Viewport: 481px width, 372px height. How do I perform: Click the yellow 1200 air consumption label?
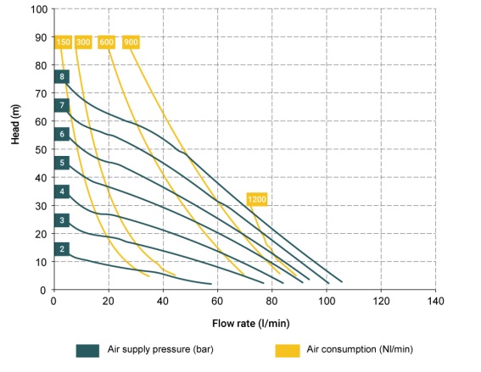tap(257, 199)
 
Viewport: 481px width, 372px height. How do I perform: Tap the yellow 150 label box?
tap(63, 42)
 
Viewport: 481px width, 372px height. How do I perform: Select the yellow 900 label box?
tap(131, 42)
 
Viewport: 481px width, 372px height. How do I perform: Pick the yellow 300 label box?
tap(83, 42)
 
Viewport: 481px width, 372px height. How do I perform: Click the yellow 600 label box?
tap(106, 42)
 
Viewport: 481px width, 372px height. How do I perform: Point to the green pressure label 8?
tap(62, 76)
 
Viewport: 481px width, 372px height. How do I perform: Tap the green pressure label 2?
tap(62, 249)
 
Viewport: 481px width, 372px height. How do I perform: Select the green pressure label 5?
tap(62, 163)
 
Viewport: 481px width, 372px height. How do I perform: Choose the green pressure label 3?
tap(62, 220)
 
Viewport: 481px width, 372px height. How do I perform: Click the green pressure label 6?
tap(62, 134)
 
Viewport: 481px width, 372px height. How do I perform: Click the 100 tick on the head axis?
tap(39, 9)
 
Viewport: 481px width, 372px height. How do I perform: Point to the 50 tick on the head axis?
tap(42, 150)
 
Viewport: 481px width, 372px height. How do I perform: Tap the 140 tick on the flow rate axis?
tap(435, 301)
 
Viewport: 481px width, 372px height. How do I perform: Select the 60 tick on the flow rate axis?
tap(217, 301)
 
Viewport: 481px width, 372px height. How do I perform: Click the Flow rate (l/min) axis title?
tap(251, 324)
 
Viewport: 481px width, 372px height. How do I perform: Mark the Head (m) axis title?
tap(15, 124)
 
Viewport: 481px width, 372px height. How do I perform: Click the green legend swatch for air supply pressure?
tap(87, 351)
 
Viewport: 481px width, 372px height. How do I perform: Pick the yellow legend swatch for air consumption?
tap(288, 351)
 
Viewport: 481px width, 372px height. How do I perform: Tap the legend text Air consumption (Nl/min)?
tap(360, 349)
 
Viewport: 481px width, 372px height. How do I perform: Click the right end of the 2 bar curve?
tap(211, 284)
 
